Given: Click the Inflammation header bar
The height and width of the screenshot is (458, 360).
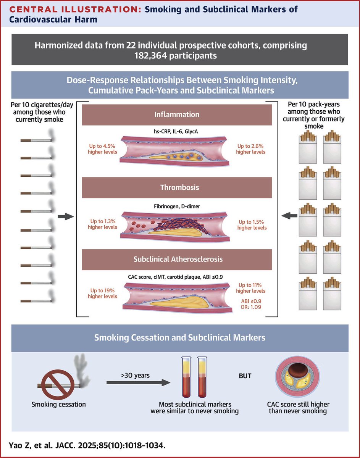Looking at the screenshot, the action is pyautogui.click(x=177, y=114).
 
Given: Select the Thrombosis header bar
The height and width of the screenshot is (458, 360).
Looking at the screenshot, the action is pyautogui.click(x=177, y=187).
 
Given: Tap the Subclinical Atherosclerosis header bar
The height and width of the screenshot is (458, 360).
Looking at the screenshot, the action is pyautogui.click(x=177, y=260).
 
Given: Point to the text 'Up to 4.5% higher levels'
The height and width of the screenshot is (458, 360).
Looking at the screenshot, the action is pyautogui.click(x=102, y=149).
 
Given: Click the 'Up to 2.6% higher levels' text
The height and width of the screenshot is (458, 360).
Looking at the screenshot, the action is pyautogui.click(x=250, y=149).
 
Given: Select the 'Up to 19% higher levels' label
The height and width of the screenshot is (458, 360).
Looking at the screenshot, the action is pyautogui.click(x=102, y=293).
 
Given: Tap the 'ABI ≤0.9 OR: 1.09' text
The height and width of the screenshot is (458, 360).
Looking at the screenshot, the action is pyautogui.click(x=251, y=304).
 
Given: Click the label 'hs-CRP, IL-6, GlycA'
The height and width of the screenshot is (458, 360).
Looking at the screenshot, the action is pyautogui.click(x=176, y=132).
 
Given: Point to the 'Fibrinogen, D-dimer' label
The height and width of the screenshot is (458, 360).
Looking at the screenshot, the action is pyautogui.click(x=177, y=206).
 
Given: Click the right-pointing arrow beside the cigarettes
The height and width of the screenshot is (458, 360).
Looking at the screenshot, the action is pyautogui.click(x=66, y=216).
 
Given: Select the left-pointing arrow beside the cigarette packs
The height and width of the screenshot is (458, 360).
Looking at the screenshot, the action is pyautogui.click(x=289, y=216).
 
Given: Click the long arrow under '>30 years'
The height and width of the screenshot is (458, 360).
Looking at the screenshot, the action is pyautogui.click(x=138, y=382).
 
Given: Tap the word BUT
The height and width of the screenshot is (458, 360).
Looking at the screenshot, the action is pyautogui.click(x=245, y=376).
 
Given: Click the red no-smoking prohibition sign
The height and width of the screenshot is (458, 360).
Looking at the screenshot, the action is pyautogui.click(x=58, y=385).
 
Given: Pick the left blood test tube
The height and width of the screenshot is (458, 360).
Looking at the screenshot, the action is pyautogui.click(x=187, y=377).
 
